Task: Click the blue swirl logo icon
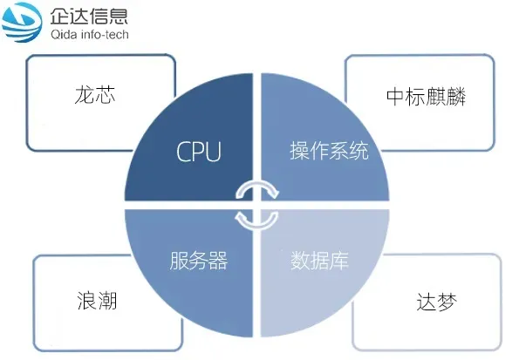point(22,22)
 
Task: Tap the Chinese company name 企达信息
point(89,16)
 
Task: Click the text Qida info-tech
point(89,34)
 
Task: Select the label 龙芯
point(95,95)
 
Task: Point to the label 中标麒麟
point(426,96)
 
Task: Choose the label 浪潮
point(97,301)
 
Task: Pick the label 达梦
point(437,302)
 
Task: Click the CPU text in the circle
point(199,152)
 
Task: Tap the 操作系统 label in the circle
point(329,151)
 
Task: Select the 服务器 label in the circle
point(199,261)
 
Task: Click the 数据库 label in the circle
point(319,261)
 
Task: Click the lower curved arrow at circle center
point(256,221)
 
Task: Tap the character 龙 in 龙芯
point(85,95)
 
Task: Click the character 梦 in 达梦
point(447,302)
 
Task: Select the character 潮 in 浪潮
point(107,301)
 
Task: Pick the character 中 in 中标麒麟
point(396,96)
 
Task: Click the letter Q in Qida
point(55,34)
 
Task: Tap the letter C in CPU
point(183,152)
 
